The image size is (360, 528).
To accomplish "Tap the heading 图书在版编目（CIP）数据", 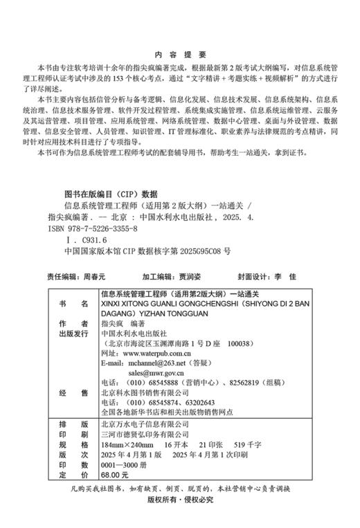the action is [x=111, y=194].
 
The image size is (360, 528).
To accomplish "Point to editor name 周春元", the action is [x=96, y=276].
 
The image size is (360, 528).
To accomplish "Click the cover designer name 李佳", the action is [x=285, y=276].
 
